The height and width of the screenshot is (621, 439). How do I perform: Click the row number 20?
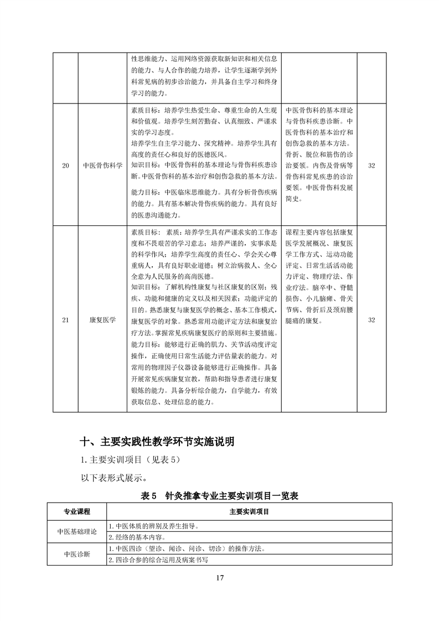coord(65,165)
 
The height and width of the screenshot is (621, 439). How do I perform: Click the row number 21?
coord(65,320)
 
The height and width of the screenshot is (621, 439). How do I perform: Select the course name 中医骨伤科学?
coord(102,165)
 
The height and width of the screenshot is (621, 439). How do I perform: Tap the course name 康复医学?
coord(102,320)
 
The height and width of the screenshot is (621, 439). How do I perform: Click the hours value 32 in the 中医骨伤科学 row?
coord(371,165)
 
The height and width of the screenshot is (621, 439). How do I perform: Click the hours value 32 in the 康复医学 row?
coord(371,320)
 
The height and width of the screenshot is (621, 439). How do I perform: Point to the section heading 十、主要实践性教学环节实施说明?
coord(157,442)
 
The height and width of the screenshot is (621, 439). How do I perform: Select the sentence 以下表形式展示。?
coord(113,477)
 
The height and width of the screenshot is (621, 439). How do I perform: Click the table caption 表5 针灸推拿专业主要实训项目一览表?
coord(220,496)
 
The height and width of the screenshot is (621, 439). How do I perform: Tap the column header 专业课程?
coord(77,511)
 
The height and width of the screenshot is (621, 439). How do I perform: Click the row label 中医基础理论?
coord(77,531)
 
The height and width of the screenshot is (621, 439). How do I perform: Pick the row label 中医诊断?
coord(77,554)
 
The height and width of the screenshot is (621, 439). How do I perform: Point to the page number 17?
coord(220,578)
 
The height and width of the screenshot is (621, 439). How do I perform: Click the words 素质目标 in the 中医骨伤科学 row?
coord(144,110)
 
